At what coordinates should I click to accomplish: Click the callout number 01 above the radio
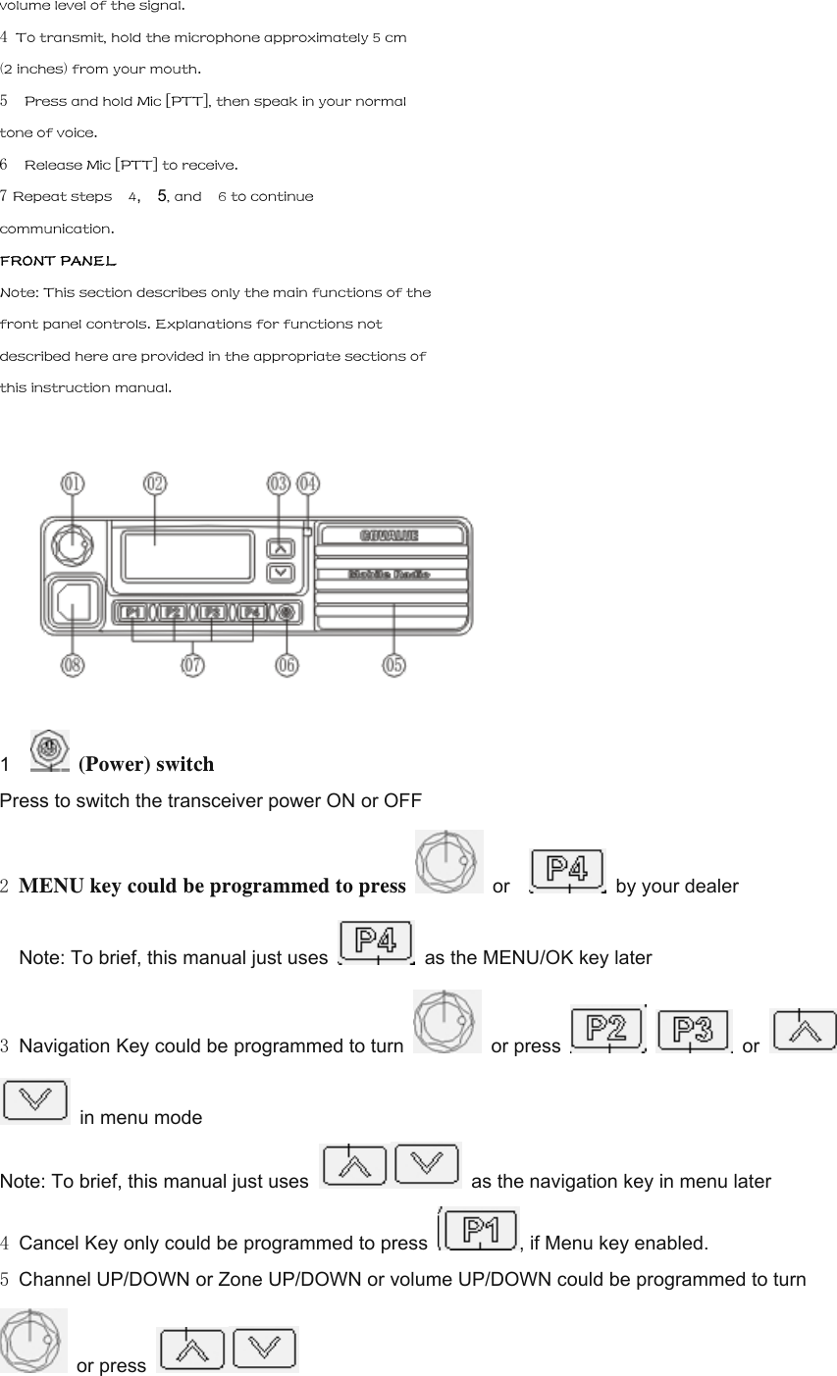click(x=73, y=484)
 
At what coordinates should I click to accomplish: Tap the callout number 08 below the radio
click(x=73, y=665)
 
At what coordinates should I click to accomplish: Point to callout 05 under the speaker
click(x=393, y=665)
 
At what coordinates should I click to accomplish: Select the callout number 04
click(x=308, y=484)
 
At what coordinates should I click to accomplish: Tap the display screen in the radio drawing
click(x=187, y=556)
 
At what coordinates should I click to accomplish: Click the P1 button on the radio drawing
click(x=134, y=612)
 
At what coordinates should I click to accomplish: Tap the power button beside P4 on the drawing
click(x=287, y=612)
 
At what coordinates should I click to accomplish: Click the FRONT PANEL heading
click(x=58, y=261)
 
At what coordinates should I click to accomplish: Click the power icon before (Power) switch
click(x=50, y=750)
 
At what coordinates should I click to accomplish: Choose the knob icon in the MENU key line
click(x=448, y=861)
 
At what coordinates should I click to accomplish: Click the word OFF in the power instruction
click(x=402, y=800)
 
